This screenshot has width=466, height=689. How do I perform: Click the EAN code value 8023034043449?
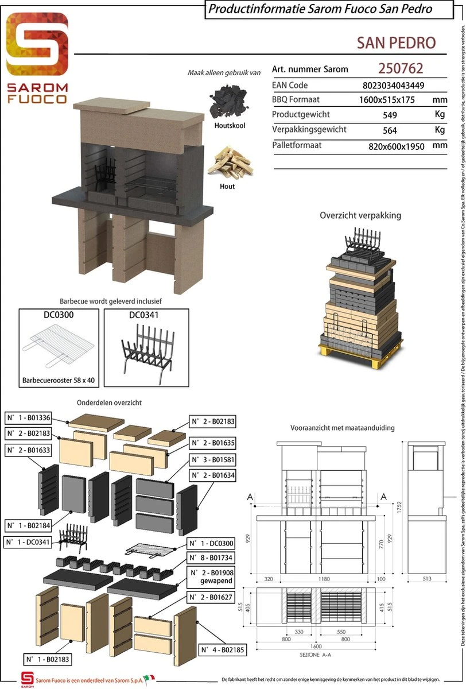click(x=393, y=86)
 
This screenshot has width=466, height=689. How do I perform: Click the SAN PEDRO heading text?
click(x=396, y=42)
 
